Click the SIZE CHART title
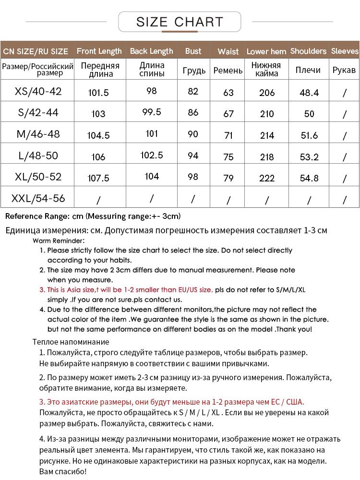coord(180,22)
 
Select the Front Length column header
coord(99,51)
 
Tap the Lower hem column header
coord(266,51)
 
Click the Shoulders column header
coord(308,51)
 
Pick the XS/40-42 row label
coord(38,91)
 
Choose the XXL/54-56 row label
coord(38,198)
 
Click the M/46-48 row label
coord(38,134)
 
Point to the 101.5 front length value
coord(98,93)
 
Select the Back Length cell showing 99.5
coord(152,112)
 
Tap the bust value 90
coord(193,134)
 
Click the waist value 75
coord(228,156)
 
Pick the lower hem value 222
coord(267,178)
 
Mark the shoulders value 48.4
coord(309,93)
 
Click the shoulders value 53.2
coord(309,156)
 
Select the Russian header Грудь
coord(194,71)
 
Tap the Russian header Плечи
coord(308,70)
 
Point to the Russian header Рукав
coord(344,70)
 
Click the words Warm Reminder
coord(59,240)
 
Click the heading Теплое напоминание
coord(71,342)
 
